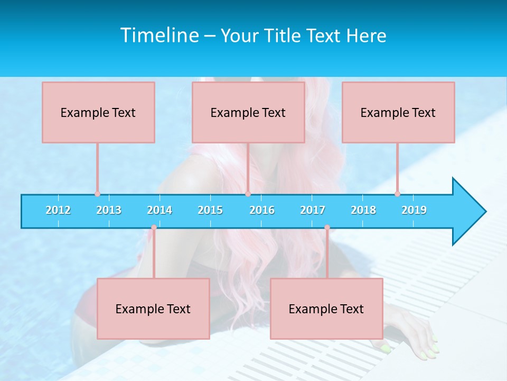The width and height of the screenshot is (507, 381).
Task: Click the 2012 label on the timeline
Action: (58, 210)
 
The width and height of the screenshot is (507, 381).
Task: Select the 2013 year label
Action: (109, 210)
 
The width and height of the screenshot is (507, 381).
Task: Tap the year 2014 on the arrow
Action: (159, 210)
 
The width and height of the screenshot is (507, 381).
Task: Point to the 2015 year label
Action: (210, 210)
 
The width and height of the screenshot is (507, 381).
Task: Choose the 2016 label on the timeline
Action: (262, 210)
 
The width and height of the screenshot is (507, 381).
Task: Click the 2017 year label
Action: (313, 210)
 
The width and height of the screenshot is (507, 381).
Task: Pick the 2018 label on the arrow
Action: (363, 210)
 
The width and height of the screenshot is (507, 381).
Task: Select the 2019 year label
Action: (414, 210)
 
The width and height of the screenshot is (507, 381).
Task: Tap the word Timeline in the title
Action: (159, 35)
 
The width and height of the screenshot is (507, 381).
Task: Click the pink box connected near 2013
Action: (98, 112)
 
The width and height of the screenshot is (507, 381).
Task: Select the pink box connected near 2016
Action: (248, 112)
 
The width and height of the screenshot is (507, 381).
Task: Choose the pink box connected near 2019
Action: (398, 112)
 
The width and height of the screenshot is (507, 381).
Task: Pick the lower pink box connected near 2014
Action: (153, 309)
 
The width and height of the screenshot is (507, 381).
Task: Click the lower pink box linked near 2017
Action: (326, 309)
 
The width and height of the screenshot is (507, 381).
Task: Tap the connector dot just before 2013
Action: (97, 194)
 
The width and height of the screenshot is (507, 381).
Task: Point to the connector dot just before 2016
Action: (248, 194)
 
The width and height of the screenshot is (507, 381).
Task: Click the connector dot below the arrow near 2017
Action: (327, 228)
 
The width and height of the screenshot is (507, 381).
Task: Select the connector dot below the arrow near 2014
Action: (154, 228)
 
